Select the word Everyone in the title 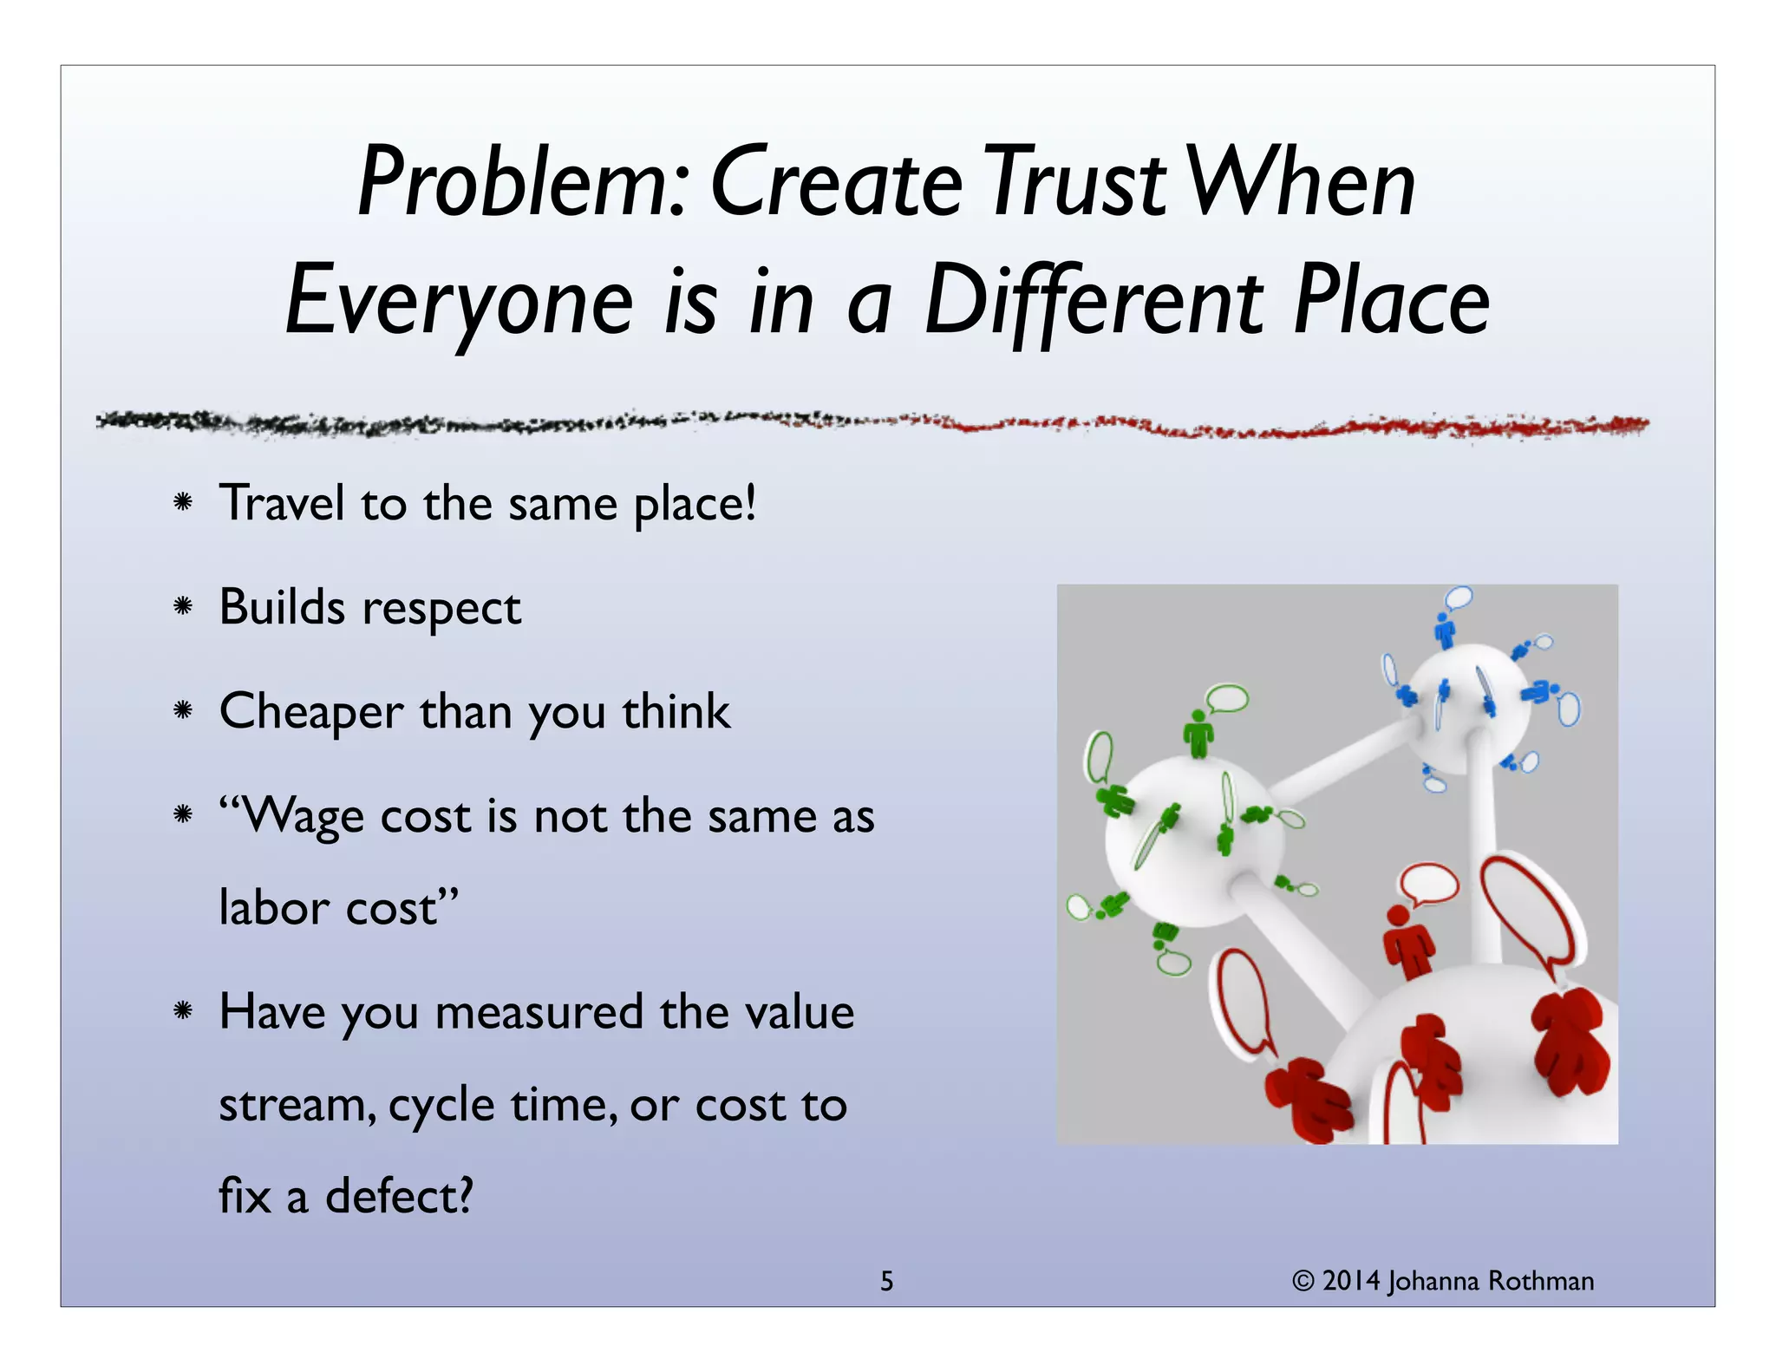tap(460, 302)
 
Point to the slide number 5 tap(886, 1281)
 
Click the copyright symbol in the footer tap(1303, 1281)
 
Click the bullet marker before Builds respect tap(182, 606)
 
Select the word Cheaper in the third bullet tap(310, 712)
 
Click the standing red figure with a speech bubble tap(1408, 941)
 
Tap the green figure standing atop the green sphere tap(1198, 734)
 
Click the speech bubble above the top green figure tap(1227, 697)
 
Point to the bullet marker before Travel tap(182, 502)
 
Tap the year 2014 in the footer tap(1350, 1281)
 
